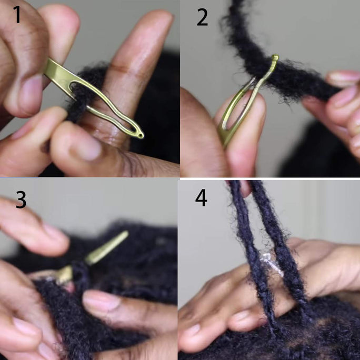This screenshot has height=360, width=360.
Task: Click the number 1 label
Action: (17, 14)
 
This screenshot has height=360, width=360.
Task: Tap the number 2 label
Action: (202, 17)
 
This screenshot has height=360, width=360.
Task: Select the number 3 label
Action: (21, 199)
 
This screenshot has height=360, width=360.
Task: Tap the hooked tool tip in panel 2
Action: (275, 57)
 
